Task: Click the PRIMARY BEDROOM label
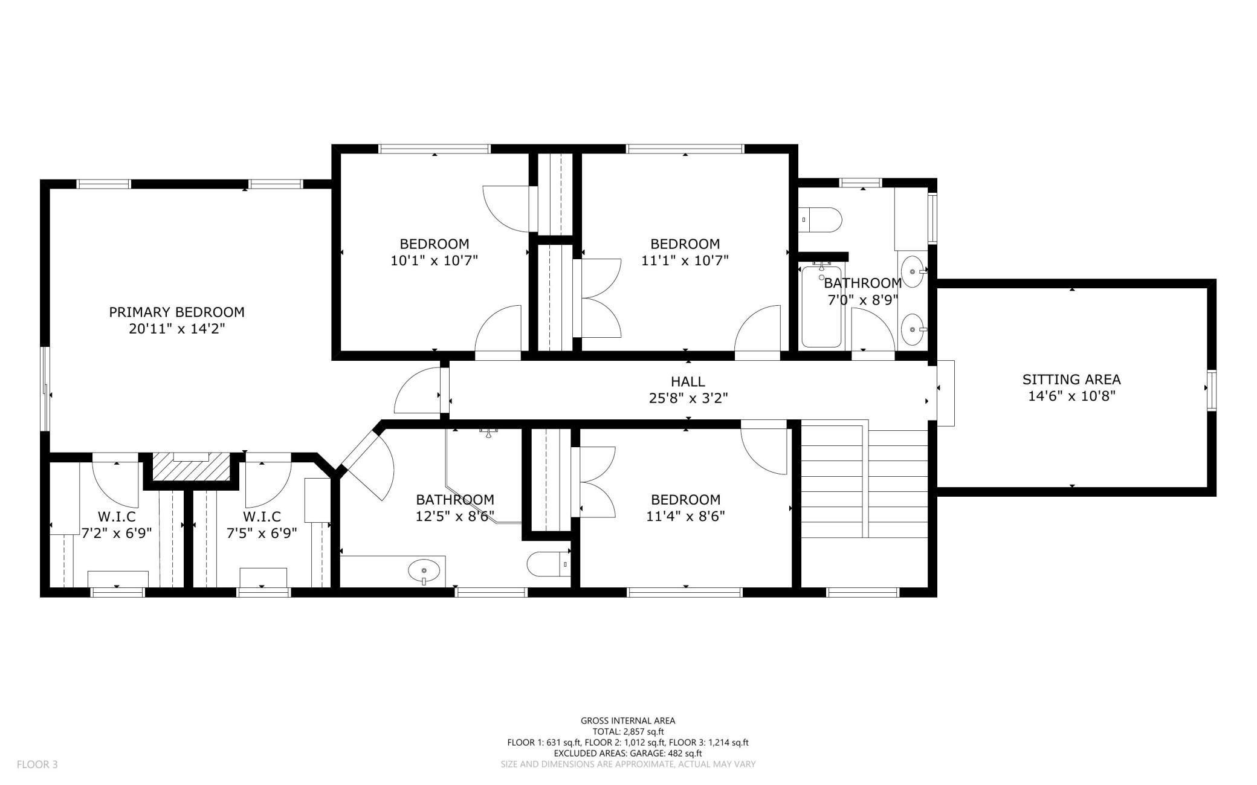(x=176, y=312)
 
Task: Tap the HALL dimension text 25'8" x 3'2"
(x=688, y=398)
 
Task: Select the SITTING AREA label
(x=1071, y=380)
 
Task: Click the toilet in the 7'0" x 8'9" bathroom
(x=820, y=220)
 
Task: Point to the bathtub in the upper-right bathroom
(x=821, y=306)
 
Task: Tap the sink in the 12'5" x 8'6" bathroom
(x=424, y=570)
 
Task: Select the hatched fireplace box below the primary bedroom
(x=192, y=467)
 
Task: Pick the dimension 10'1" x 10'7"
(x=434, y=261)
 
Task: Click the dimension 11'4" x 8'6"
(x=685, y=517)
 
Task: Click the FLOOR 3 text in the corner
(x=37, y=764)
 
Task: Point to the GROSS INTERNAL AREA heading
(x=628, y=720)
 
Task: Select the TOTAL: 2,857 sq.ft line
(x=628, y=731)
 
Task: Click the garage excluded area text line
(x=628, y=754)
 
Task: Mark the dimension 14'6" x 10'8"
(x=1071, y=396)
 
